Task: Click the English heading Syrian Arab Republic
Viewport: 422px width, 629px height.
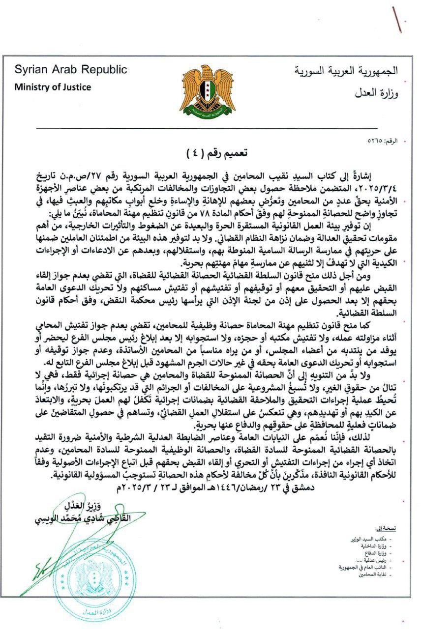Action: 70,70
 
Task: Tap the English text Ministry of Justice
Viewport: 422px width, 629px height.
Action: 52,87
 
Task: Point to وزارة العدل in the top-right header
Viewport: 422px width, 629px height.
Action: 376,92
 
